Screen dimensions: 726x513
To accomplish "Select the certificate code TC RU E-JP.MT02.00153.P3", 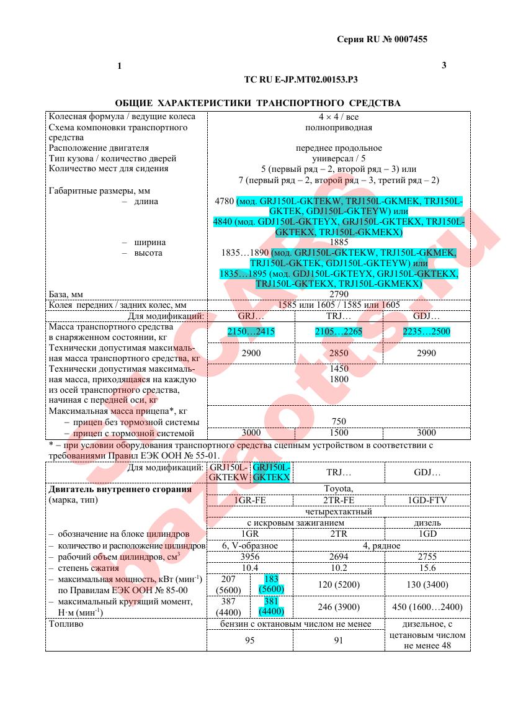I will [x=301, y=79].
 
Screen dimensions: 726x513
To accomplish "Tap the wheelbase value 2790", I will [x=339, y=294].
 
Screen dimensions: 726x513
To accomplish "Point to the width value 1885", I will [x=339, y=242].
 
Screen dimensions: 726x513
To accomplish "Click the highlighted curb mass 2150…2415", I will [x=251, y=332].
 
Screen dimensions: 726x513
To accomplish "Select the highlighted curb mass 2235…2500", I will [x=427, y=332].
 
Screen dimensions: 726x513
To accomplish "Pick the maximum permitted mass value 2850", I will [x=339, y=353].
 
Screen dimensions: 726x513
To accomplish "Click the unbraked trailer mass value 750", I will [x=339, y=421].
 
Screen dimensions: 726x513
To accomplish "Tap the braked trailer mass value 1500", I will [x=339, y=432].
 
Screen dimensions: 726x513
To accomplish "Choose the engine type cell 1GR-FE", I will [x=250, y=500].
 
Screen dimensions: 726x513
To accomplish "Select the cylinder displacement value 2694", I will [x=339, y=557].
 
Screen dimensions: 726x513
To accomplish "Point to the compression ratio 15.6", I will [x=428, y=568].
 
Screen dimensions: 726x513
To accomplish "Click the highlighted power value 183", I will [x=272, y=578].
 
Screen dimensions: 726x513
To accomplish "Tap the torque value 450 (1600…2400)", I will [x=428, y=607].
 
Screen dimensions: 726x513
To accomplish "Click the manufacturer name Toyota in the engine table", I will [x=339, y=488].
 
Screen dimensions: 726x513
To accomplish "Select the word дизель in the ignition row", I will [x=427, y=523].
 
